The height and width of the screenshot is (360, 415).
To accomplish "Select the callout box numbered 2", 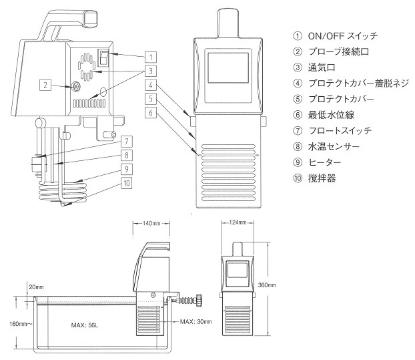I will [x=45, y=85].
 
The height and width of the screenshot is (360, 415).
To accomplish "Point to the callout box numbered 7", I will [x=125, y=141].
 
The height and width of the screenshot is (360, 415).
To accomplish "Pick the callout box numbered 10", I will [x=125, y=181].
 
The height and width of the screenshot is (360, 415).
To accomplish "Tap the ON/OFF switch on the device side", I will [x=104, y=57].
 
